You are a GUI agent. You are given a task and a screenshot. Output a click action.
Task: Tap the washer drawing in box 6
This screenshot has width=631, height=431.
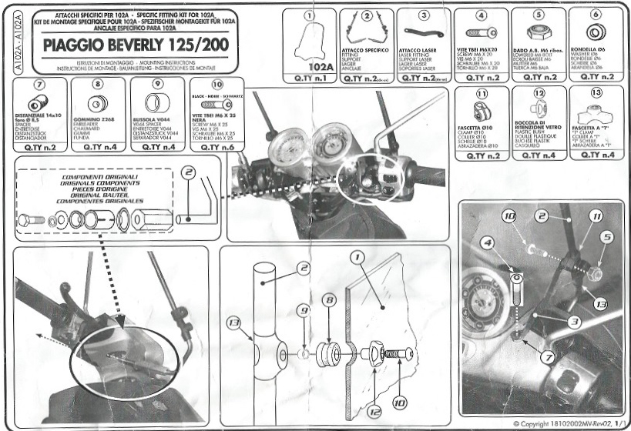coord(594,33)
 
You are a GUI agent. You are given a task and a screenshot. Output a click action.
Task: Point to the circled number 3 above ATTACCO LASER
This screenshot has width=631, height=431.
coord(425,15)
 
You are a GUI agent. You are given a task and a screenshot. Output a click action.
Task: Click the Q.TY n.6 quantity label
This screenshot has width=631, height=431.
coord(216,145)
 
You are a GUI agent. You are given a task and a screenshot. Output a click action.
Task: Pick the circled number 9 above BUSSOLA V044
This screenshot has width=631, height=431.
coord(156,83)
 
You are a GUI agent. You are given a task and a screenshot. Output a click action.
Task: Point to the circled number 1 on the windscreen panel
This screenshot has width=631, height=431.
coord(357,256)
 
